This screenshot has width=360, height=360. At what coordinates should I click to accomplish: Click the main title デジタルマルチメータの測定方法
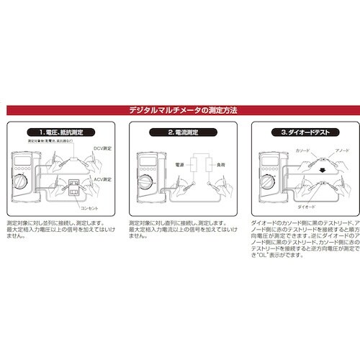pos(180,110)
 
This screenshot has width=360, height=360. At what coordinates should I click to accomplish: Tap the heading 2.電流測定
pos(180,132)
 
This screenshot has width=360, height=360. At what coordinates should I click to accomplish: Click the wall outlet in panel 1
pos(73,192)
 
